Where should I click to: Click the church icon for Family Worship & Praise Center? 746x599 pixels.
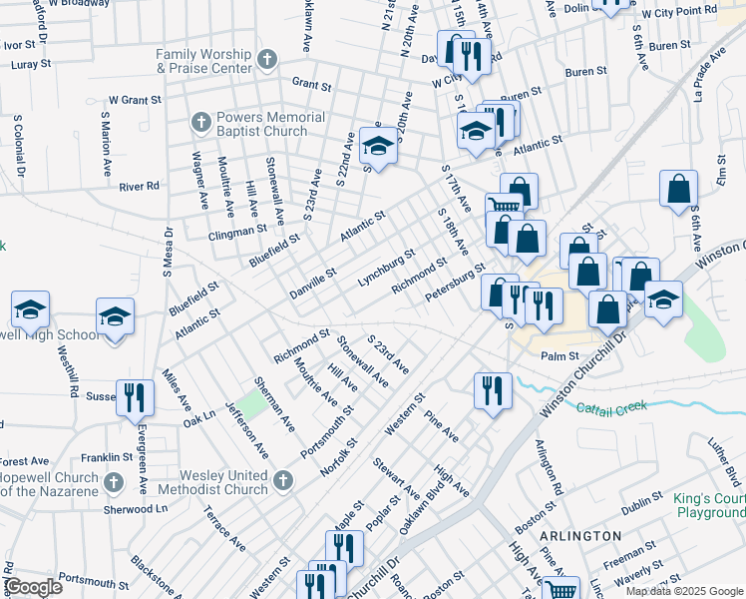pyautogui.click(x=266, y=61)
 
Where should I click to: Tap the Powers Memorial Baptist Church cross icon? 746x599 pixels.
pyautogui.click(x=199, y=124)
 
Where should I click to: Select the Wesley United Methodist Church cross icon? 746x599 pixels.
pyautogui.click(x=283, y=482)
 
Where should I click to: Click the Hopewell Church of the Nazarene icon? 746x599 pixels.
pyautogui.click(x=114, y=483)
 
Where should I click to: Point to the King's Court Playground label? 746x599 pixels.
pyautogui.click(x=705, y=505)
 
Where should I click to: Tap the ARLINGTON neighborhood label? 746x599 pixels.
pyautogui.click(x=580, y=536)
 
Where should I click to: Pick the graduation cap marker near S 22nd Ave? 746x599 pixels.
pyautogui.click(x=378, y=146)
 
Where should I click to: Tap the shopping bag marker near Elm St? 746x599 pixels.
pyautogui.click(x=678, y=190)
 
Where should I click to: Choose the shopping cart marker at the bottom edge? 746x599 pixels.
pyautogui.click(x=560, y=590)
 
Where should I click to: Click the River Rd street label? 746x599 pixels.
pyautogui.click(x=139, y=186)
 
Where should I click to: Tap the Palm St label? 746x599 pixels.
pyautogui.click(x=559, y=355)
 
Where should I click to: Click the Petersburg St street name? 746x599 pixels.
pyautogui.click(x=454, y=282)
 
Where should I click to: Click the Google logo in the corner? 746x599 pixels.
pyautogui.click(x=33, y=587)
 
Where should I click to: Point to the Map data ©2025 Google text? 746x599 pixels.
pyautogui.click(x=683, y=591)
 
